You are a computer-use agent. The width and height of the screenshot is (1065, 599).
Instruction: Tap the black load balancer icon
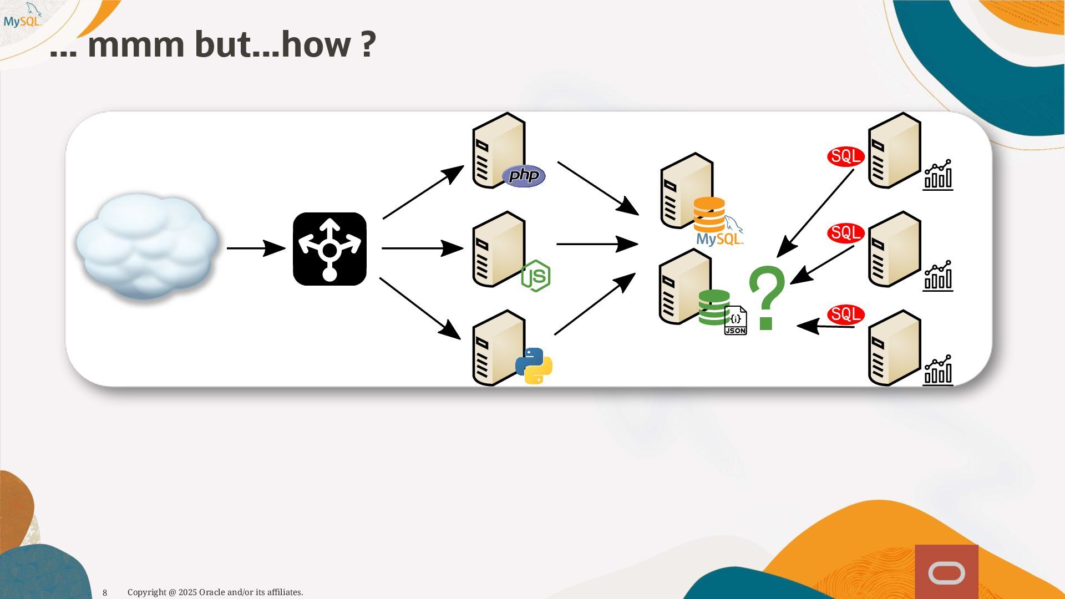click(x=329, y=249)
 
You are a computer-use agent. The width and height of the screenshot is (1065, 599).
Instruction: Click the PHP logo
click(x=524, y=176)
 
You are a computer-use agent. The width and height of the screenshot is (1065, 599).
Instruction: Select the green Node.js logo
click(x=536, y=276)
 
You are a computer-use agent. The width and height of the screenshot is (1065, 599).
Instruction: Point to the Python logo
click(x=534, y=366)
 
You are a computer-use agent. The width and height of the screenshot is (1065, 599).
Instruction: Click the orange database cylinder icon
click(x=709, y=214)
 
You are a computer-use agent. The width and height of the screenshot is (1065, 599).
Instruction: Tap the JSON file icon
click(x=736, y=321)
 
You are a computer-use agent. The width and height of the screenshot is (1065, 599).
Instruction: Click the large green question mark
click(x=767, y=298)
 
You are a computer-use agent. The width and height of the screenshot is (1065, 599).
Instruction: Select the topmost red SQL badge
click(x=846, y=156)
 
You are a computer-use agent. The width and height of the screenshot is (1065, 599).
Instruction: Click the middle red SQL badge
click(x=846, y=233)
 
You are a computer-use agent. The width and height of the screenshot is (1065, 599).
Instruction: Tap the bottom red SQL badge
click(x=846, y=314)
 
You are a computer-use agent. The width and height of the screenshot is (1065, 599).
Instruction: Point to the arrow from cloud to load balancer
click(x=256, y=248)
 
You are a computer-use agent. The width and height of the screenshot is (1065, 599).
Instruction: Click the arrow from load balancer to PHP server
click(x=423, y=192)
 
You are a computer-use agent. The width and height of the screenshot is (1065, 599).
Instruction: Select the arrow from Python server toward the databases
click(x=595, y=304)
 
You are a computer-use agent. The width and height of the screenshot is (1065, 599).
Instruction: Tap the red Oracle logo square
click(x=946, y=572)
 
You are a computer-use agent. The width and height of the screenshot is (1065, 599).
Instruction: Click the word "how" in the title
click(x=316, y=44)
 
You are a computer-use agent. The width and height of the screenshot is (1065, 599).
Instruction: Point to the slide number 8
click(x=105, y=593)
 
